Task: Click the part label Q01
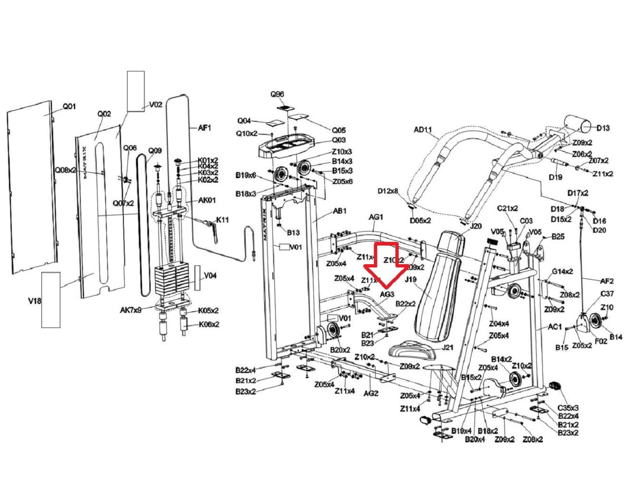pyautogui.click(x=69, y=107)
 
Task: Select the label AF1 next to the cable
pyautogui.click(x=205, y=128)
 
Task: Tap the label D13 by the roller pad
pyautogui.click(x=603, y=128)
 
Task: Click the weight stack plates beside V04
pyautogui.click(x=172, y=280)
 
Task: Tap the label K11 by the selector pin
pyautogui.click(x=222, y=220)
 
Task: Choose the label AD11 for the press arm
pyautogui.click(x=423, y=130)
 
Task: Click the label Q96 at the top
pyautogui.click(x=277, y=94)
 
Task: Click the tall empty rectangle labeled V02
pyautogui.click(x=136, y=91)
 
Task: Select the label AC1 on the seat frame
pyautogui.click(x=555, y=327)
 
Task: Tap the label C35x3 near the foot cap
pyautogui.click(x=568, y=408)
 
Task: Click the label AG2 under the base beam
pyautogui.click(x=371, y=393)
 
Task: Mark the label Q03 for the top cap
pyautogui.click(x=339, y=140)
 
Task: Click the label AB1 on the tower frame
pyautogui.click(x=340, y=211)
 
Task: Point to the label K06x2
pyautogui.click(x=209, y=324)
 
